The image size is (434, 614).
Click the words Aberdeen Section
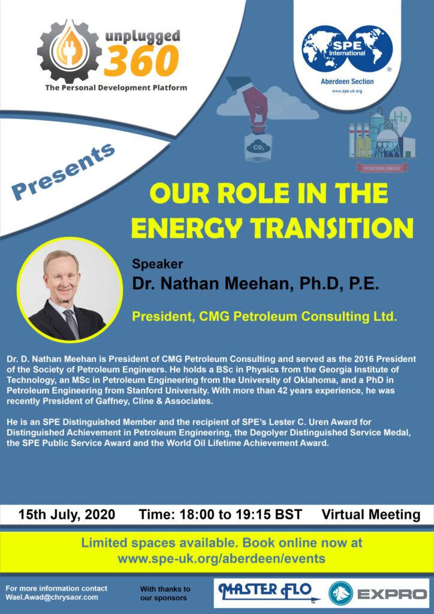(347, 82)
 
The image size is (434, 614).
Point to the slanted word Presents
(63, 171)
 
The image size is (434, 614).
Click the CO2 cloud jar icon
(254, 148)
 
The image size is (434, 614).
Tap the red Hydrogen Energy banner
(381, 168)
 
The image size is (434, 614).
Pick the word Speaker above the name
(157, 264)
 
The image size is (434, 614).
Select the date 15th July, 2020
(67, 514)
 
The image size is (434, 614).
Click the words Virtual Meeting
(371, 514)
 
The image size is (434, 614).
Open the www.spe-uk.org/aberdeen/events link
(222, 558)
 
